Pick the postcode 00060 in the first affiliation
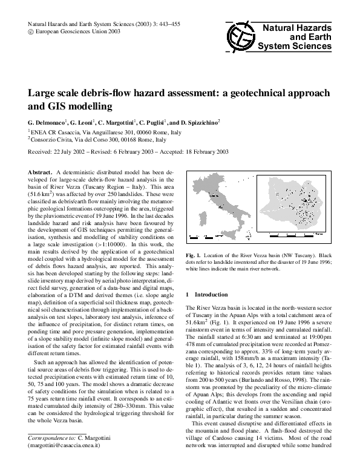click(134, 131)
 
